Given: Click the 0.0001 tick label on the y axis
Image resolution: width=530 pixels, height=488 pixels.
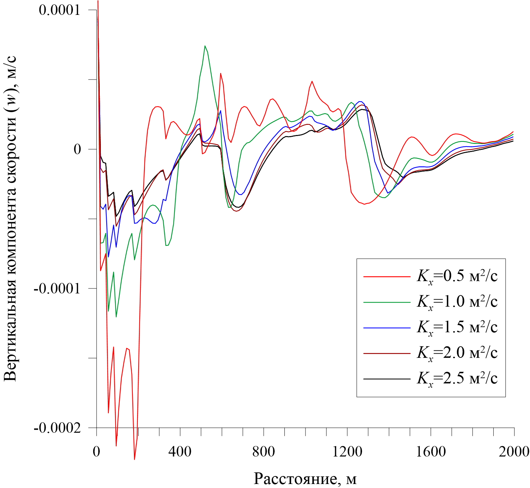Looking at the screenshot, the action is click(59, 10).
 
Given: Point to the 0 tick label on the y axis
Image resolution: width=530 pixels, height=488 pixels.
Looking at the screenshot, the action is click(77, 149).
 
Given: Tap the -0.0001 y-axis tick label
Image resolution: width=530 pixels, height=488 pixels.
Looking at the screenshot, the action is click(57, 288).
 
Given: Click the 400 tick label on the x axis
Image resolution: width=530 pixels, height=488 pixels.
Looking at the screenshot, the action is click(180, 451).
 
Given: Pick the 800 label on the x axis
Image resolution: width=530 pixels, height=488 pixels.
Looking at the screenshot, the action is click(263, 451).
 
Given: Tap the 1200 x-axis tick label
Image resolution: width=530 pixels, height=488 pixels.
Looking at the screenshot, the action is click(347, 451).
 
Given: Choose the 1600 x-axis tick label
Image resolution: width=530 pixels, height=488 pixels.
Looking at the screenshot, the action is click(431, 451).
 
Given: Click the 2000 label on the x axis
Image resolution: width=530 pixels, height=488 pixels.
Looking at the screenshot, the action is click(514, 451).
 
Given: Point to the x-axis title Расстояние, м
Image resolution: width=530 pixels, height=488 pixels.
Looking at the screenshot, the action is click(305, 478).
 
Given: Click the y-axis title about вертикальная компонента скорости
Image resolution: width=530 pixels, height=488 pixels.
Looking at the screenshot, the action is click(10, 219).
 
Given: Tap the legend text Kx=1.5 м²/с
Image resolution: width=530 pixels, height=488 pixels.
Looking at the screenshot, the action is click(457, 328).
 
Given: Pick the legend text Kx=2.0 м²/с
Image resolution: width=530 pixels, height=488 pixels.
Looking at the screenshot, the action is click(457, 353).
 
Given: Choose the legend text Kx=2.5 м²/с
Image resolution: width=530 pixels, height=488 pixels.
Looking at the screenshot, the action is click(457, 378).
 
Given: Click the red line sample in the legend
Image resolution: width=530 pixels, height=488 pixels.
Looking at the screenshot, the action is click(387, 276).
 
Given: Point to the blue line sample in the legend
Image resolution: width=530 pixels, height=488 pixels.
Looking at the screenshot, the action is click(387, 328).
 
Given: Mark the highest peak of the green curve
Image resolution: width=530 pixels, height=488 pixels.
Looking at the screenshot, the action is click(205, 46).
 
